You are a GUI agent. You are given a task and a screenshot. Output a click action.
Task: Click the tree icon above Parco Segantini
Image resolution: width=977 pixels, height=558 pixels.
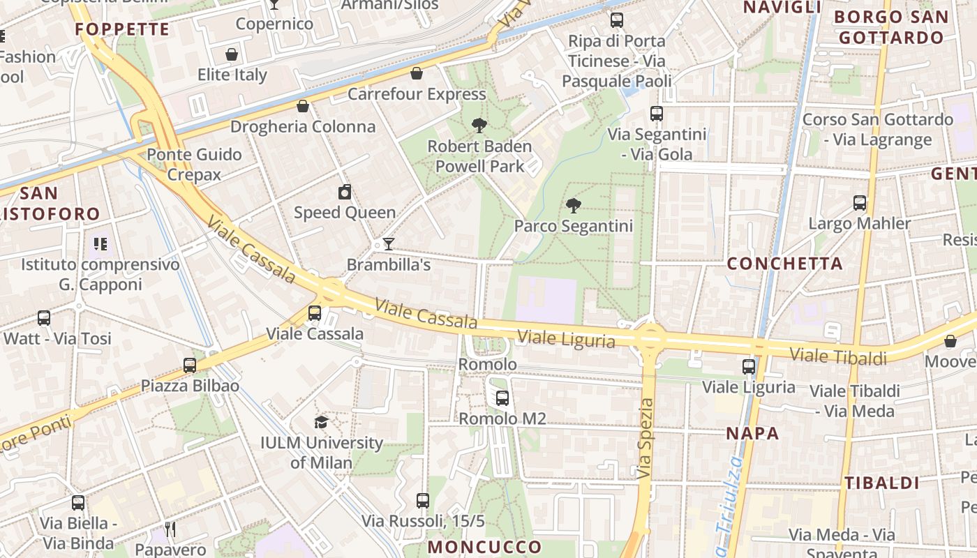click(x=574, y=205)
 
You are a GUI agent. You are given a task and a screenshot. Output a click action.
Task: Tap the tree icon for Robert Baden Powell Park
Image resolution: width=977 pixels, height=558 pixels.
click(x=479, y=126)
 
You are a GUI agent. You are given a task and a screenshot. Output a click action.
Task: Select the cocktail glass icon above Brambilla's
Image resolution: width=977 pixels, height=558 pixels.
click(x=389, y=244)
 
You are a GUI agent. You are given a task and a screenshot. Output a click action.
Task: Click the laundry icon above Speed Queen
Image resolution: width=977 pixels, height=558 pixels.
click(x=345, y=192)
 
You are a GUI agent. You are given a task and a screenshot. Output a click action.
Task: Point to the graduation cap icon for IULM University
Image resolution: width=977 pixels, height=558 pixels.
click(x=321, y=422)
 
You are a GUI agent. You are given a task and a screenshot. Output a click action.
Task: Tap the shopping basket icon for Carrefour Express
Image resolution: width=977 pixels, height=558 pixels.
click(x=417, y=73)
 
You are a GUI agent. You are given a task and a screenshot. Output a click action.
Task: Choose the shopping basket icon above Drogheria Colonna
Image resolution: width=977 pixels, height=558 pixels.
click(x=303, y=106)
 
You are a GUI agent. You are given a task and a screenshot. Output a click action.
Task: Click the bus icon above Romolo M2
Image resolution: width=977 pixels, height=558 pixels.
click(x=502, y=398)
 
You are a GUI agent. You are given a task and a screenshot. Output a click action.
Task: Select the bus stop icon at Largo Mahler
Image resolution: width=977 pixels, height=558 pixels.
click(x=860, y=203)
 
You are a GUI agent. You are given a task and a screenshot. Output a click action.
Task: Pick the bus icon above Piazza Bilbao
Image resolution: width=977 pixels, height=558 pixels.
click(x=190, y=365)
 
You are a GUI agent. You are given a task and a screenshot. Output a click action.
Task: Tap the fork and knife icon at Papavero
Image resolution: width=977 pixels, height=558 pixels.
click(x=170, y=529)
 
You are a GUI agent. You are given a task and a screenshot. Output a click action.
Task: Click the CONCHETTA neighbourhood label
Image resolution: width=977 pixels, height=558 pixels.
click(x=785, y=264)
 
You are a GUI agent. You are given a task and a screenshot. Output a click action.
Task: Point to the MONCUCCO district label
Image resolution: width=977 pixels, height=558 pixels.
click(x=484, y=546)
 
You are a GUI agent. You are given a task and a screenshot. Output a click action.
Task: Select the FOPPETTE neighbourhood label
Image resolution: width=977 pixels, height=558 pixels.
click(x=122, y=29)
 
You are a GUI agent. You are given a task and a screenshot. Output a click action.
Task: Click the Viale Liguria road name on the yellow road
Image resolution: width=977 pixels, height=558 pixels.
click(x=566, y=339)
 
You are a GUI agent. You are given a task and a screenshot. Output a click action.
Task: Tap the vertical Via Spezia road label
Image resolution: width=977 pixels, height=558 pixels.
click(x=646, y=438)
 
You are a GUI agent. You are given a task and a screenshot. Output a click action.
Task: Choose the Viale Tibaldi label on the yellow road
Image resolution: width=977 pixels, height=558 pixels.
click(x=838, y=356)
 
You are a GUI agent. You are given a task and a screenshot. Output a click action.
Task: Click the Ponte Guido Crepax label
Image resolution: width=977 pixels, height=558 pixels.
click(x=194, y=165)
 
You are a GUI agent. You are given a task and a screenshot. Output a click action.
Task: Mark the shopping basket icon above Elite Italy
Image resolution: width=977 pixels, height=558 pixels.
click(x=232, y=54)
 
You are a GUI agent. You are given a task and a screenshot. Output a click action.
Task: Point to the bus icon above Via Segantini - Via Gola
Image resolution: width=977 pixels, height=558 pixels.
click(x=656, y=114)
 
